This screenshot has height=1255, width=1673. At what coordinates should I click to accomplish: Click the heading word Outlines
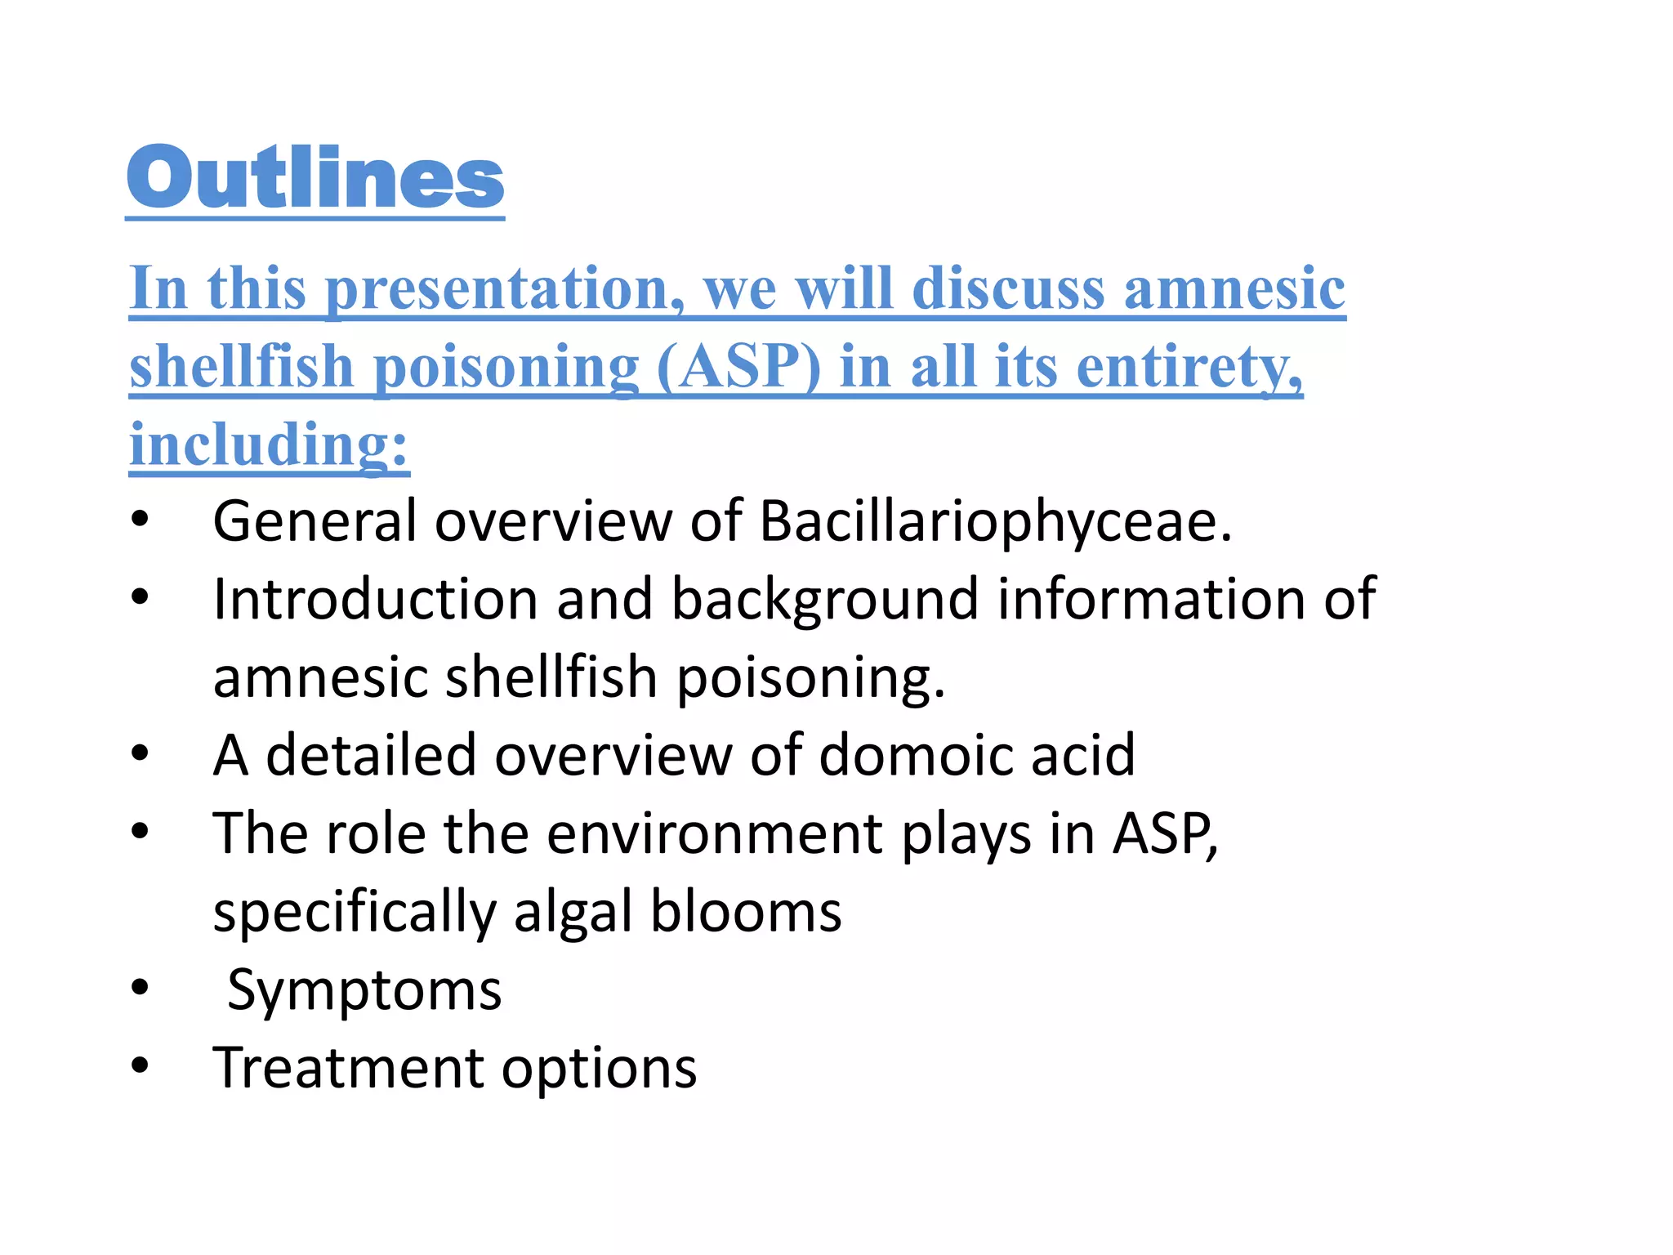tap(315, 178)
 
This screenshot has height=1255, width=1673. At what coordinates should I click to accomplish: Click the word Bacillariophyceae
tap(995, 520)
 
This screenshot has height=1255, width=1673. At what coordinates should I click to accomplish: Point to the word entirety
tap(1189, 367)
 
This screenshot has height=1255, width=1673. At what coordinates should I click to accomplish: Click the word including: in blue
tap(269, 445)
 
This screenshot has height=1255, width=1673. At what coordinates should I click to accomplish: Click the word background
tap(825, 599)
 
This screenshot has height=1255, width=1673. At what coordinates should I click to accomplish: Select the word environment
tap(715, 833)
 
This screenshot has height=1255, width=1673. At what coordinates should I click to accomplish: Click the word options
tap(599, 1068)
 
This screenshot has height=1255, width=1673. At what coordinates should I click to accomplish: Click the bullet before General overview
tap(141, 519)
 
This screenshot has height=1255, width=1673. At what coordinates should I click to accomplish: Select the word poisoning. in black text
tap(810, 677)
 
